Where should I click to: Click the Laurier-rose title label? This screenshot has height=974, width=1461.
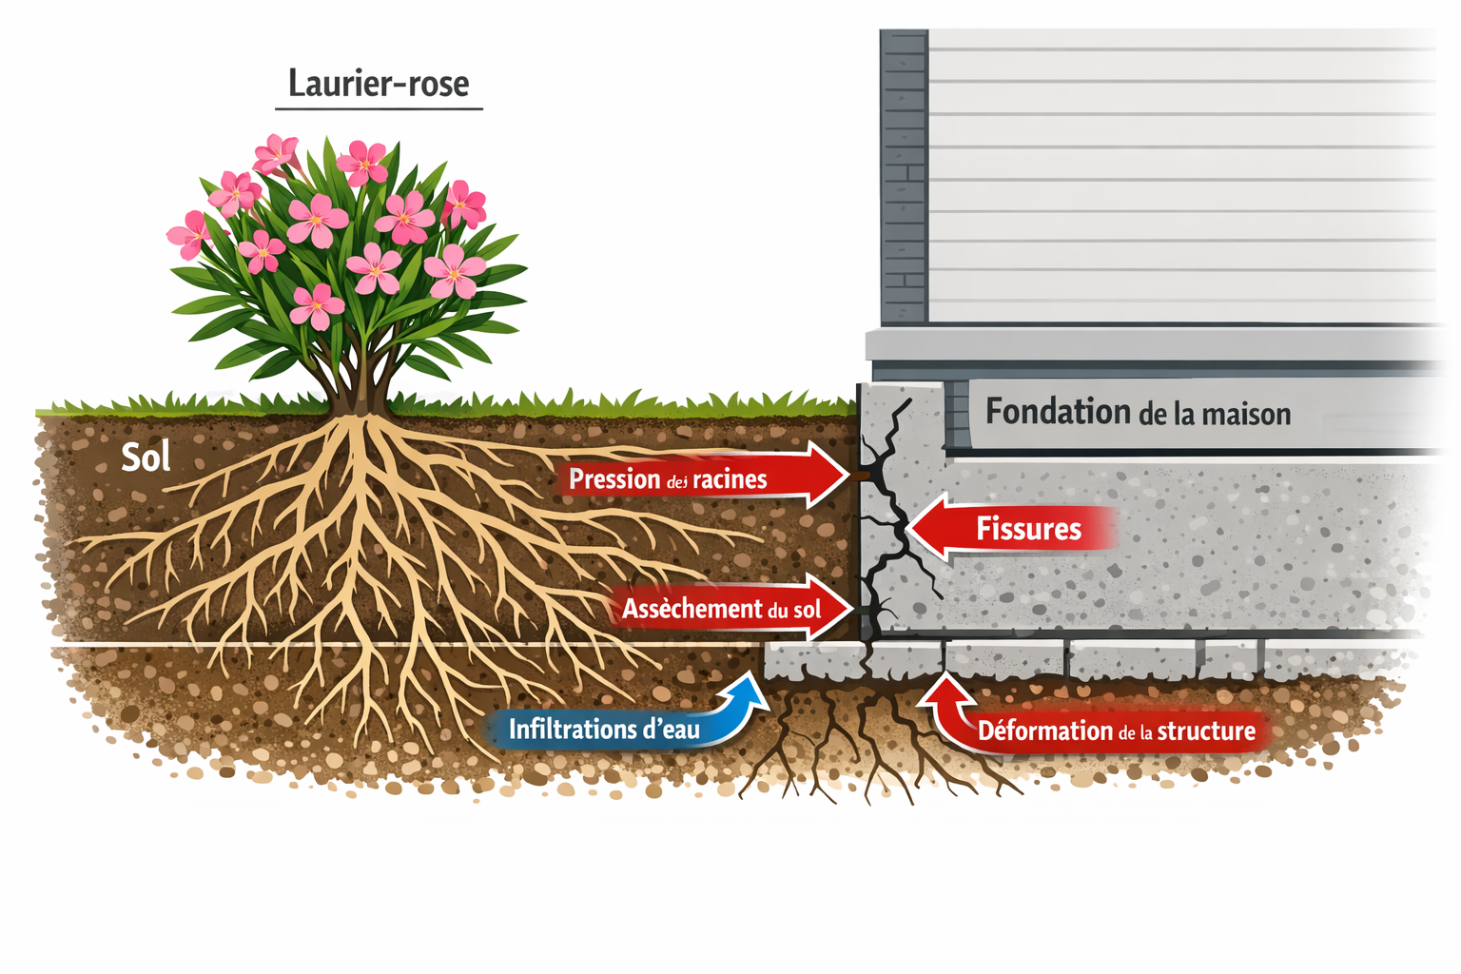(379, 84)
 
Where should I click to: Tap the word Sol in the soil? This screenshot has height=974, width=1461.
(146, 458)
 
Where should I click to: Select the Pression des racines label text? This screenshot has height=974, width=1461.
(668, 479)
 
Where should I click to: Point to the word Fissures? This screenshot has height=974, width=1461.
(1028, 529)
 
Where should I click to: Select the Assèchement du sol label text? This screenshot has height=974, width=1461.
(721, 609)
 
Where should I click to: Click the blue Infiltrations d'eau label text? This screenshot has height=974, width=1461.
(604, 730)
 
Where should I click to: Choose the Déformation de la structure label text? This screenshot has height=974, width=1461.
(1117, 731)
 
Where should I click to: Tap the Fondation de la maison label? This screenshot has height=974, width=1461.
(1138, 413)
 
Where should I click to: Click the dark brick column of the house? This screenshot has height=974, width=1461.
(904, 176)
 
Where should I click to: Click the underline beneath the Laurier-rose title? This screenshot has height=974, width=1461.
(379, 109)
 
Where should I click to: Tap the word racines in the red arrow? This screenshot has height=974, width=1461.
(730, 479)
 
